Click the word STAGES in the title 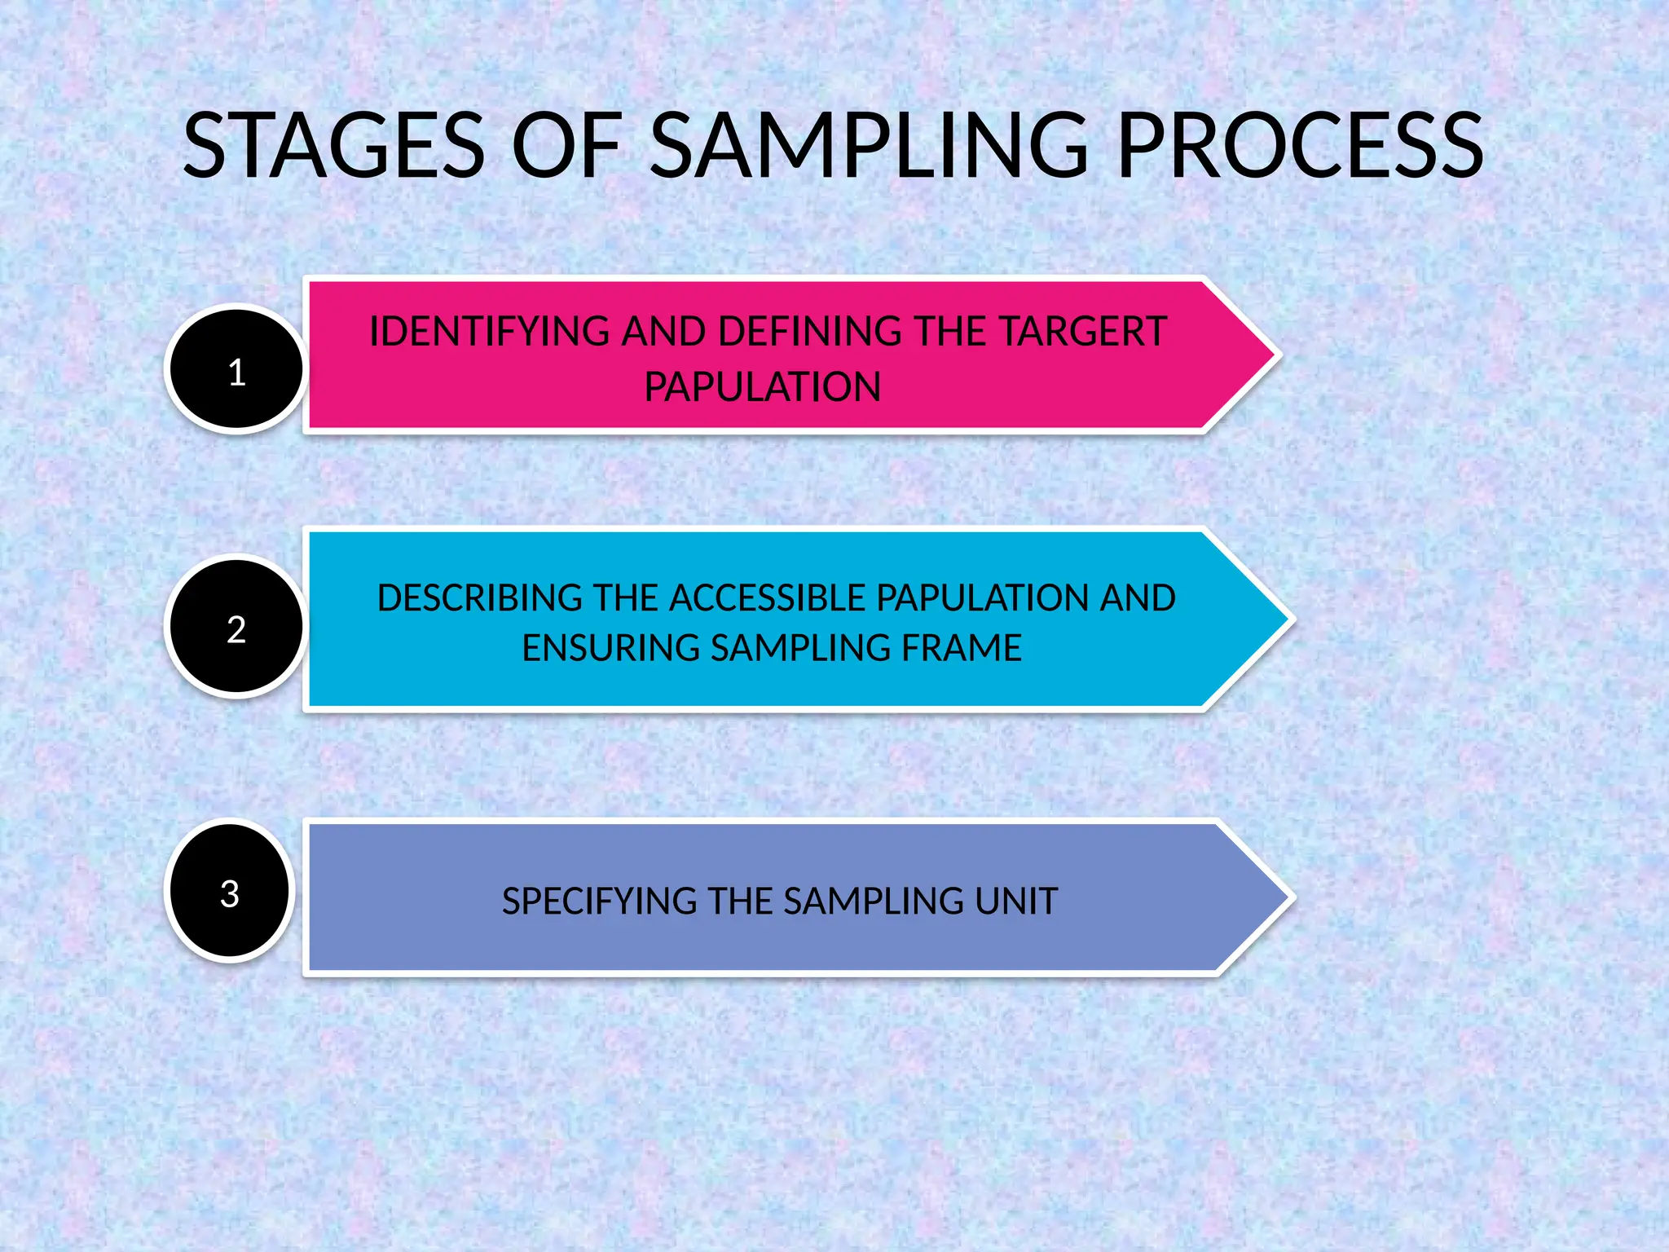(x=334, y=147)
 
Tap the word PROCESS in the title (x=1301, y=147)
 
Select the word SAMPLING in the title (x=870, y=147)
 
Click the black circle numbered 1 (x=236, y=369)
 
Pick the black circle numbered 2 (x=236, y=626)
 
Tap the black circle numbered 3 (x=230, y=891)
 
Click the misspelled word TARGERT (x=1083, y=333)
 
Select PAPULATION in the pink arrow (x=762, y=387)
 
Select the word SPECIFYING (x=599, y=902)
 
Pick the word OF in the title (x=566, y=147)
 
